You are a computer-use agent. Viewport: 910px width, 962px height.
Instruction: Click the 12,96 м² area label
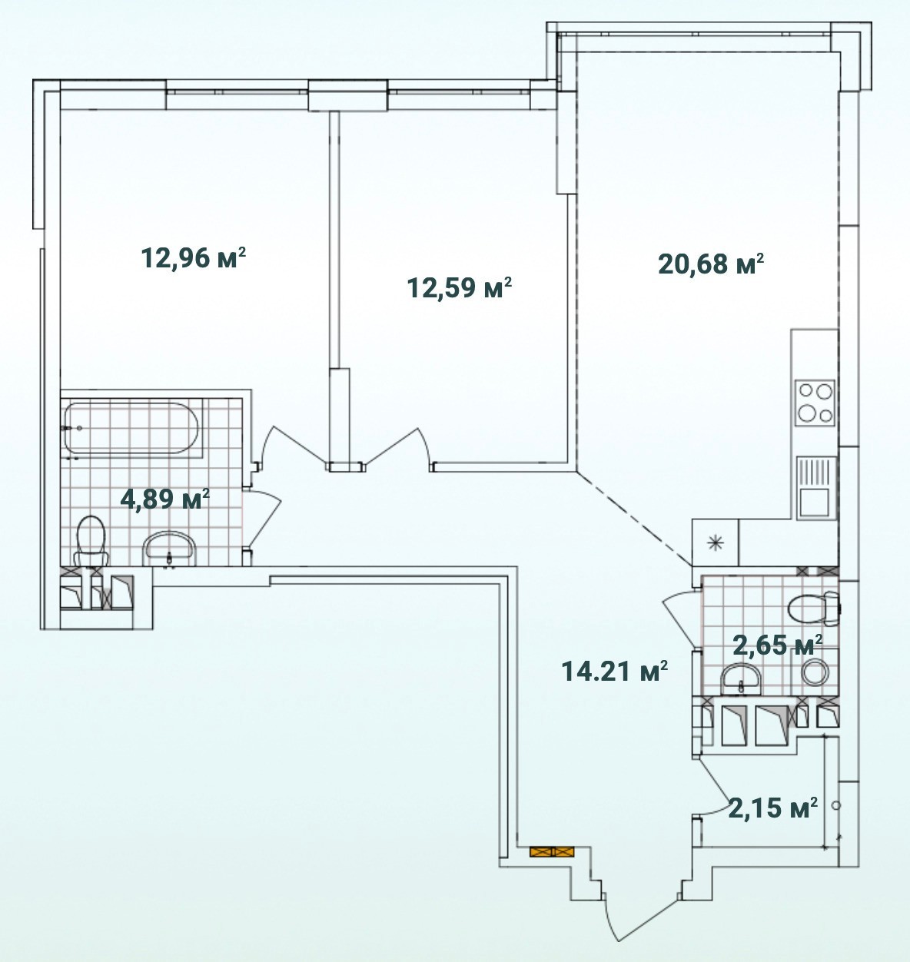click(x=194, y=258)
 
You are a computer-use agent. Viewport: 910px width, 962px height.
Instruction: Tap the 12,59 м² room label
click(x=459, y=287)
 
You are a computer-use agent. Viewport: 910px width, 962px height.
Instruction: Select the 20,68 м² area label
click(x=711, y=264)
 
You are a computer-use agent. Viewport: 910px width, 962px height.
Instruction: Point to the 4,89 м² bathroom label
click(x=165, y=499)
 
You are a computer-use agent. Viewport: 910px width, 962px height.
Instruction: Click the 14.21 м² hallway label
click(x=614, y=672)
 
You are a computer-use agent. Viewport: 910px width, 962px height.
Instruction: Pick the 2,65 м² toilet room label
click(x=777, y=645)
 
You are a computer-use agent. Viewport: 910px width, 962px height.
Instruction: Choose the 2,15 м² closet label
click(x=773, y=807)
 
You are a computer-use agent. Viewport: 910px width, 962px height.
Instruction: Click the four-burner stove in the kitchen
click(x=815, y=403)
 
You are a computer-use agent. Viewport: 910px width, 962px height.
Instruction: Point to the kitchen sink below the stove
click(x=815, y=488)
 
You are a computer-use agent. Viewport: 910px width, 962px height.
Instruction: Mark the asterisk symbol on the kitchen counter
click(x=716, y=542)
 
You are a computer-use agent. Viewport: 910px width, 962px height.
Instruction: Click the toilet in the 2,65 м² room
click(x=815, y=609)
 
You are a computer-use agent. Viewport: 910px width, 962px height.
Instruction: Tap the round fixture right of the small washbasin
click(x=815, y=671)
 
